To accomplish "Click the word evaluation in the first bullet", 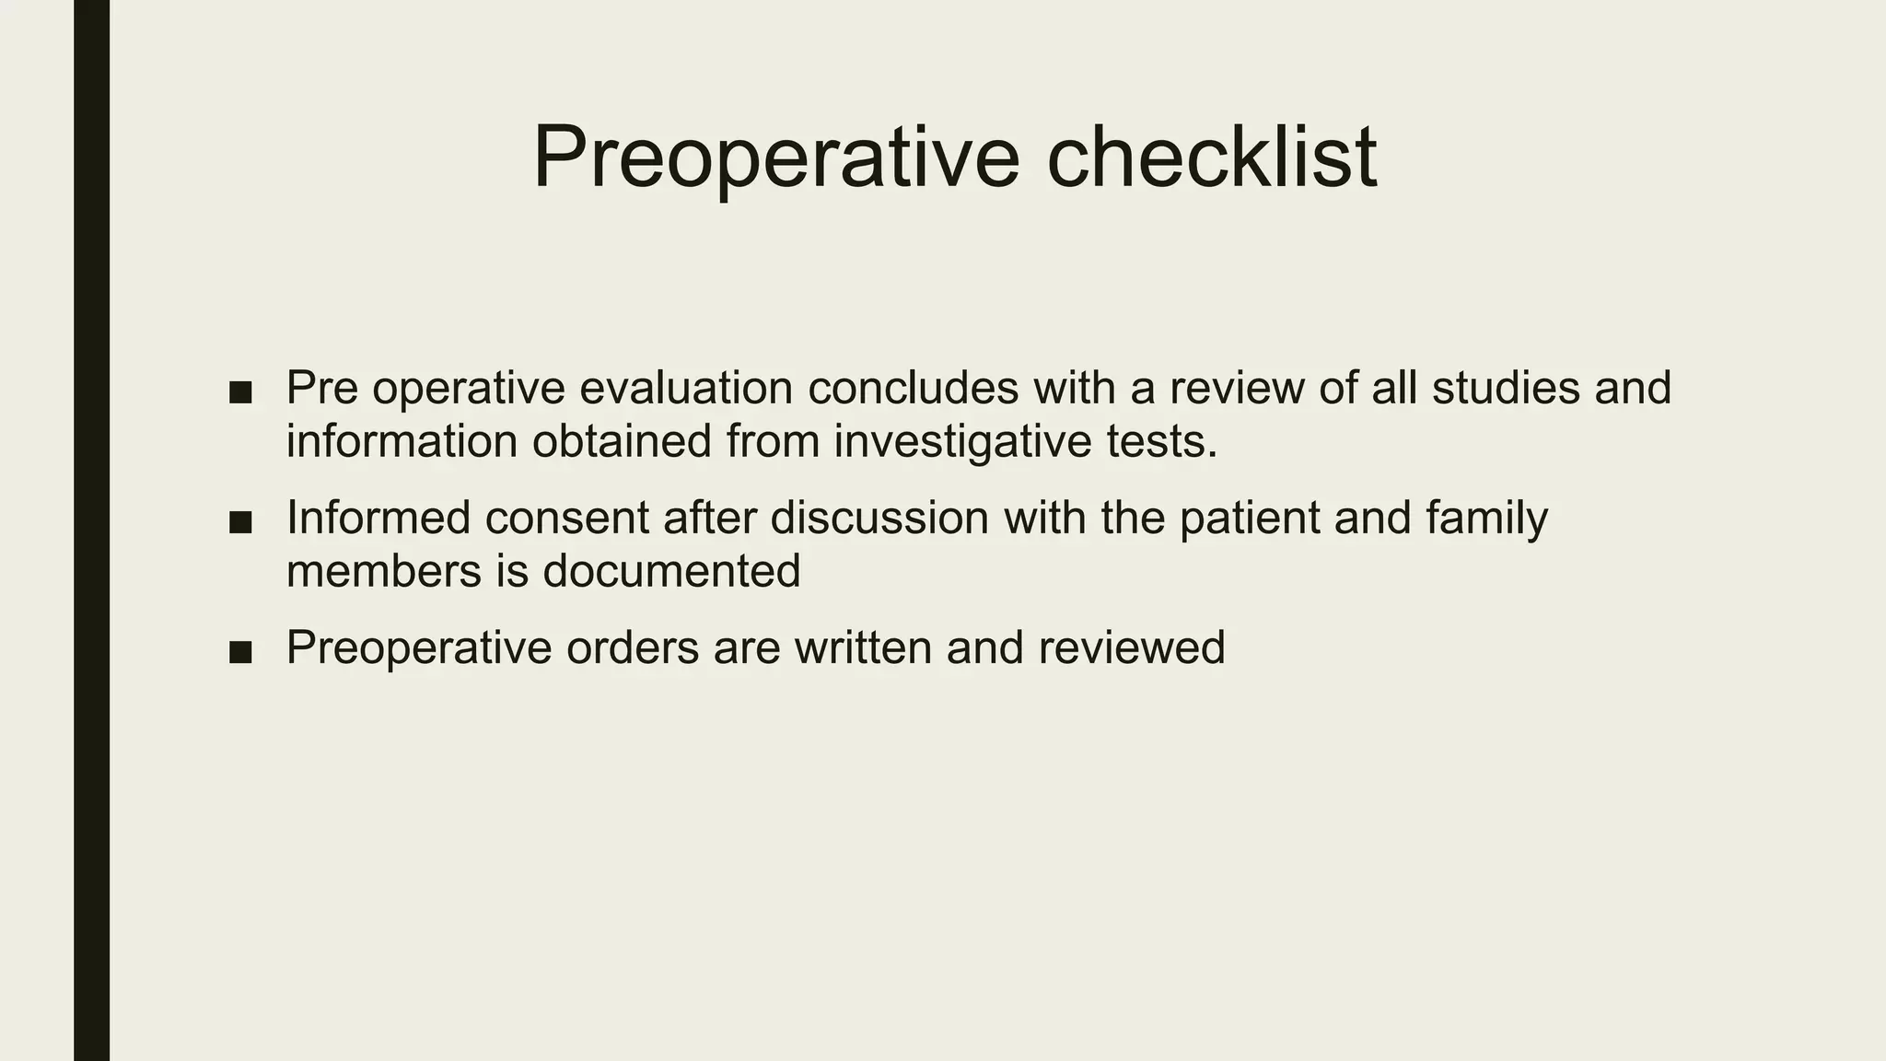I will click(x=686, y=388).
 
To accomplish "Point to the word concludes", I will click(x=913, y=388).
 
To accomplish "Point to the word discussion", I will click(x=879, y=518).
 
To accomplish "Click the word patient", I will click(x=1249, y=518).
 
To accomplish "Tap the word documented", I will click(x=671, y=572).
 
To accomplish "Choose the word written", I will click(x=863, y=647).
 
